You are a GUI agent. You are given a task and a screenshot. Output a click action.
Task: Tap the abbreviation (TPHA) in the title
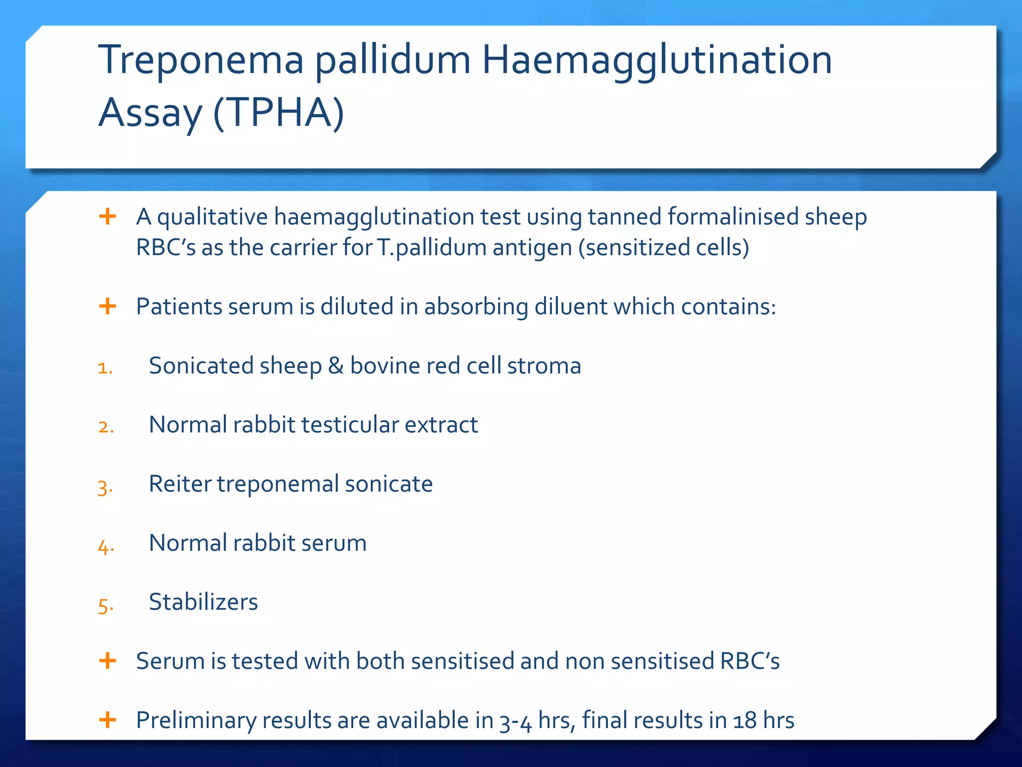pyautogui.click(x=278, y=113)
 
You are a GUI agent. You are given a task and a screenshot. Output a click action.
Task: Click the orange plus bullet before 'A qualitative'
pyautogui.click(x=107, y=217)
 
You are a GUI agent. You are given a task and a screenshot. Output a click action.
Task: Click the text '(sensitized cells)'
pyautogui.click(x=664, y=248)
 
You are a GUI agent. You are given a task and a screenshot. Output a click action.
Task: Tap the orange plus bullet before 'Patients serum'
pyautogui.click(x=107, y=306)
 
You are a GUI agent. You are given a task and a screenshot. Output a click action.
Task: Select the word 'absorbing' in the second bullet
pyautogui.click(x=476, y=307)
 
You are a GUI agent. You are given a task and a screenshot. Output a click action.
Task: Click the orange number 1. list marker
pyautogui.click(x=105, y=369)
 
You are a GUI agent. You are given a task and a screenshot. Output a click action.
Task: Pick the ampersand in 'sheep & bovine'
pyautogui.click(x=336, y=366)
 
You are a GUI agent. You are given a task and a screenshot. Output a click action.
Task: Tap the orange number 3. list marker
pyautogui.click(x=105, y=487)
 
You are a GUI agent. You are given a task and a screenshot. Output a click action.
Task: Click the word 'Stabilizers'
pyautogui.click(x=203, y=602)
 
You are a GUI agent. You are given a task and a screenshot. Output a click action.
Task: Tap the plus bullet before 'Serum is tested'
pyautogui.click(x=107, y=661)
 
